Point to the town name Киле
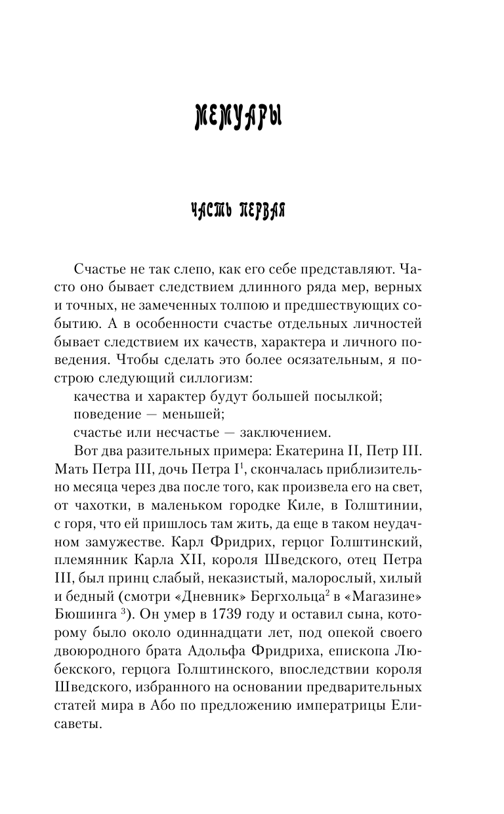(304, 504)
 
